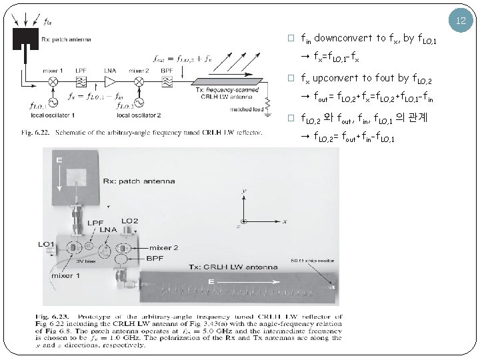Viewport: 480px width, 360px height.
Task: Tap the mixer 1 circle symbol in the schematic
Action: pos(52,81)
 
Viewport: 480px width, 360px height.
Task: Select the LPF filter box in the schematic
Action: pos(80,81)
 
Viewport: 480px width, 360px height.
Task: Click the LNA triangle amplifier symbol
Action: pos(111,81)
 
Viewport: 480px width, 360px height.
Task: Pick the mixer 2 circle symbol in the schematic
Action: pos(139,81)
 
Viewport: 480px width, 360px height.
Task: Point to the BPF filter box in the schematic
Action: pos(167,81)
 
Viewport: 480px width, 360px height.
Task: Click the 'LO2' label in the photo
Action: pos(130,221)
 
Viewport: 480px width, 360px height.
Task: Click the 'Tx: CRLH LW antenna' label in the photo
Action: pos(233,267)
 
